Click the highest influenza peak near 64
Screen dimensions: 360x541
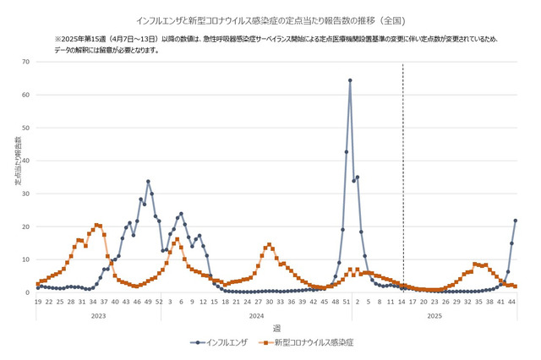tap(350, 80)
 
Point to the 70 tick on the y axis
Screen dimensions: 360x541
tap(26, 62)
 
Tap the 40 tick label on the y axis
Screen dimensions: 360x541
tap(26, 161)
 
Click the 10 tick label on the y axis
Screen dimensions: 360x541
tap(26, 259)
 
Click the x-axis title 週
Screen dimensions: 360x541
tap(276, 327)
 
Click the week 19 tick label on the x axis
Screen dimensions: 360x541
tap(37, 301)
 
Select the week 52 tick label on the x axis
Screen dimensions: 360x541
tap(159, 301)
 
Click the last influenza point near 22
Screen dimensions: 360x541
tap(516, 221)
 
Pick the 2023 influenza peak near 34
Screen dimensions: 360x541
tap(148, 181)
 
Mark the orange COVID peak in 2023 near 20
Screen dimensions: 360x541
tap(96, 225)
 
